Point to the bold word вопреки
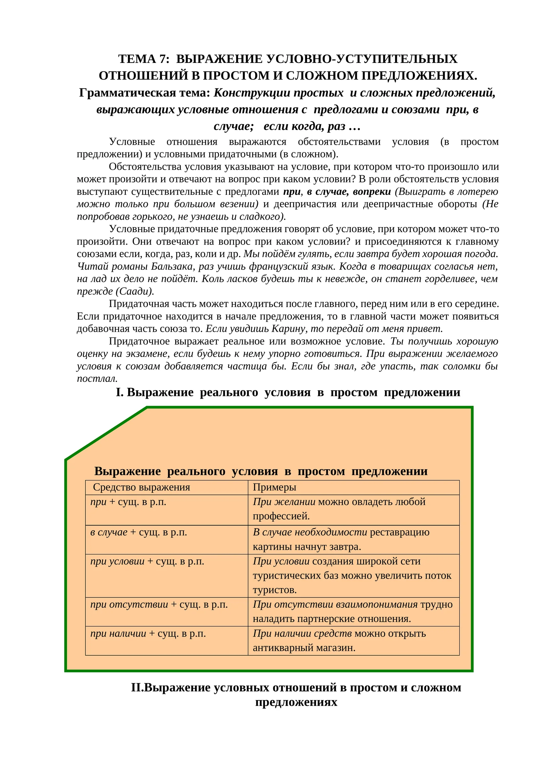(x=372, y=192)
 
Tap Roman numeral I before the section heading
(x=119, y=393)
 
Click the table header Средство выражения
(x=141, y=487)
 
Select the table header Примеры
(x=274, y=487)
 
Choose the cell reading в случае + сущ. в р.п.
(x=139, y=533)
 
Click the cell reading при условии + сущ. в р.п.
(x=147, y=561)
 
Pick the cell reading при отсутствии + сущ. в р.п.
(x=159, y=605)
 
